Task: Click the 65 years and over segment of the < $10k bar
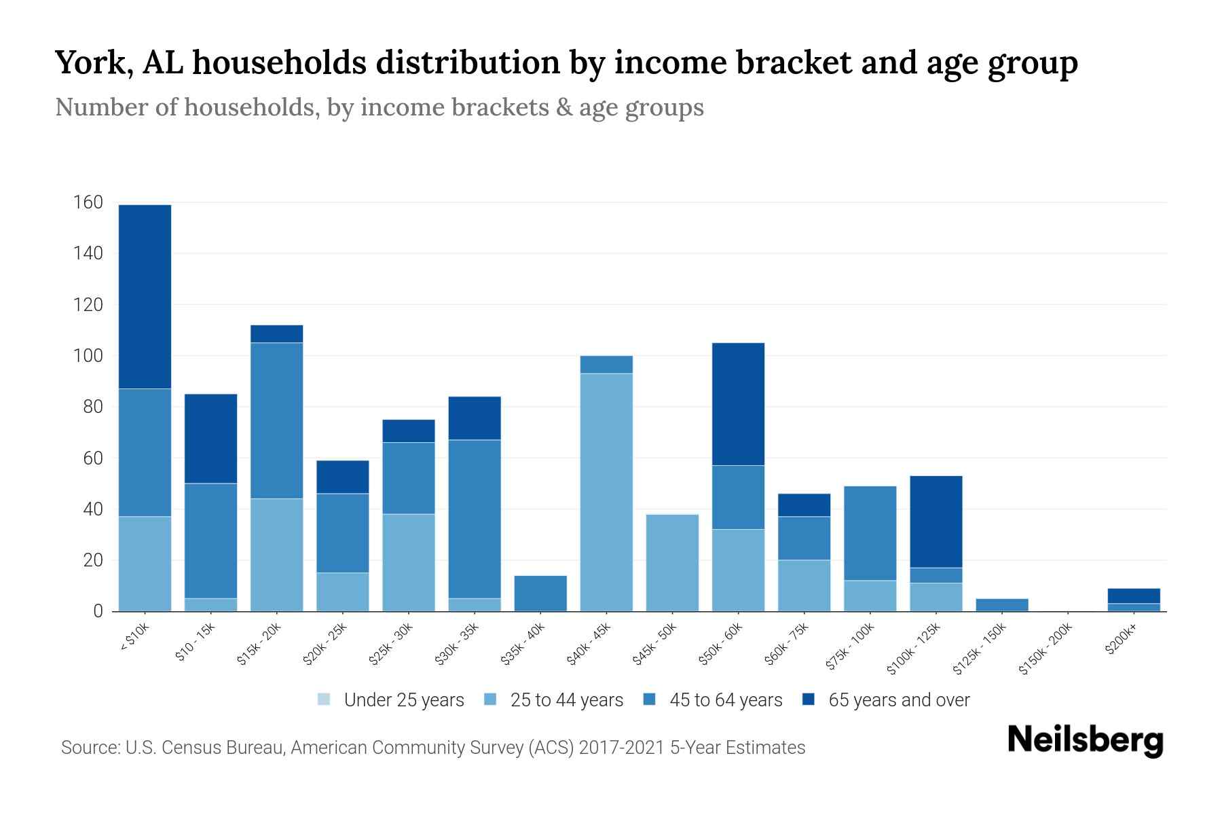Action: coord(145,297)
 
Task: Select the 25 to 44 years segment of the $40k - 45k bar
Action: coord(606,492)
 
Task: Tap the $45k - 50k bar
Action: coord(672,563)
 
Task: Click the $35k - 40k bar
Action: coord(540,594)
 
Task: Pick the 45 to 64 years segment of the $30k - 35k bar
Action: coord(475,519)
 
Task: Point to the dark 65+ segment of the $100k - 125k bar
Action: coord(936,522)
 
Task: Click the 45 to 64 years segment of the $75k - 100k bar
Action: coord(870,533)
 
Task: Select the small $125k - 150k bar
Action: coord(1002,604)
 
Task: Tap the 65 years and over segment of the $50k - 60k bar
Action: coord(738,404)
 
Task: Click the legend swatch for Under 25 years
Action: coord(324,700)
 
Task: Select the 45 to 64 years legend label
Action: coord(726,700)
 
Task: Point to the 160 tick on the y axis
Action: coord(88,202)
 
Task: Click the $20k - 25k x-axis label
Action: coord(326,643)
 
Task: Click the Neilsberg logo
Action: coord(1085,740)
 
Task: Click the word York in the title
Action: coord(93,62)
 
